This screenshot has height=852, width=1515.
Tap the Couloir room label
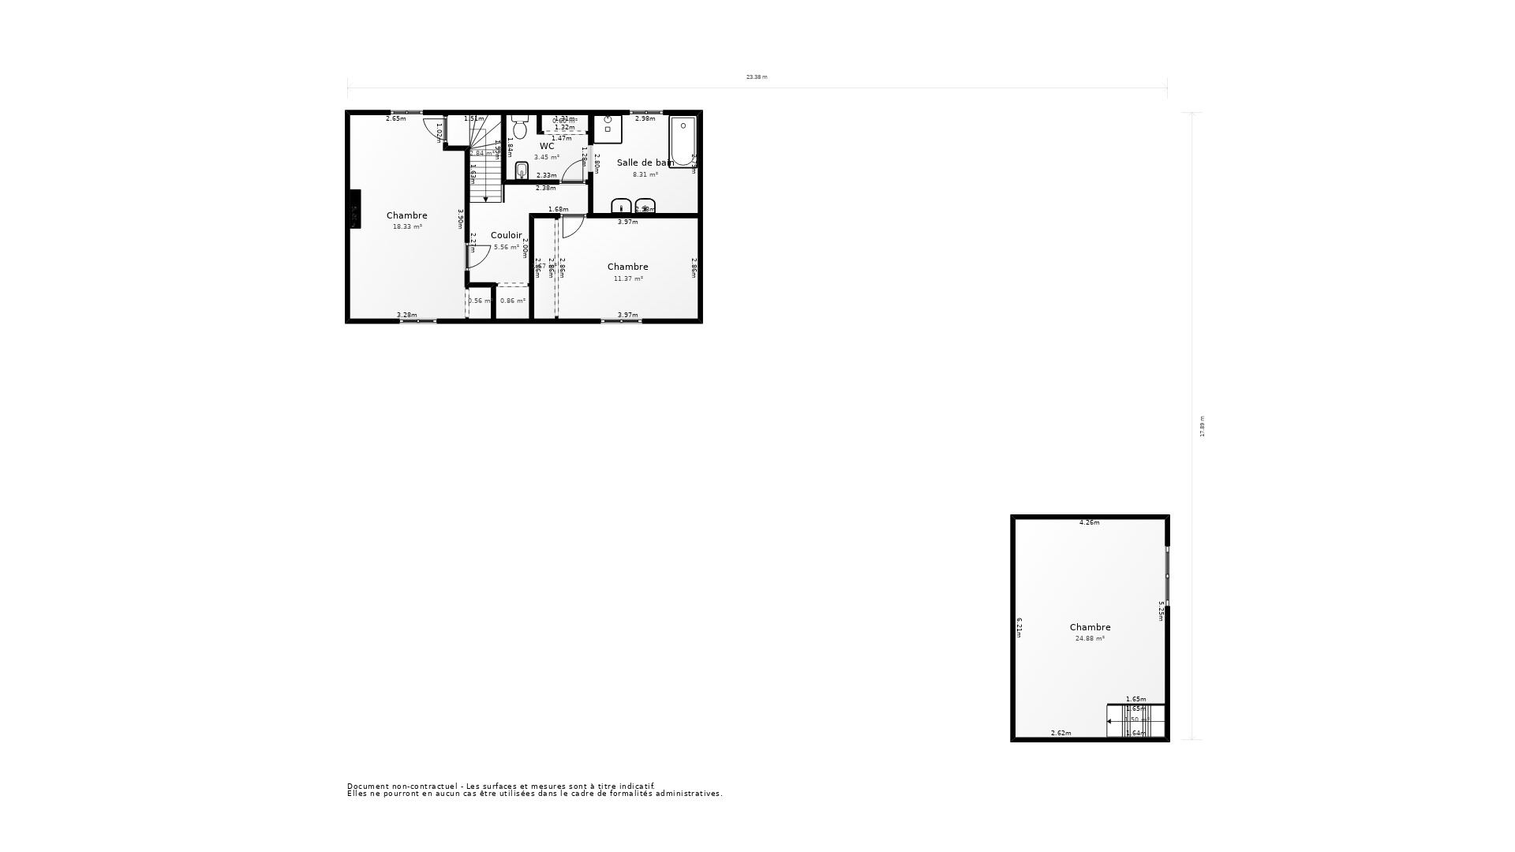click(x=507, y=235)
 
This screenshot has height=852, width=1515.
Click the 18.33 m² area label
click(x=407, y=227)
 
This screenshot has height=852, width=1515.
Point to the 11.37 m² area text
click(x=628, y=278)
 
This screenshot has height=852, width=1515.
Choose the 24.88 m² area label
click(x=1090, y=639)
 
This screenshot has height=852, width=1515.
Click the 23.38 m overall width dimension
click(x=757, y=77)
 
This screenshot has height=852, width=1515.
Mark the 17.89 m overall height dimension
click(x=1203, y=426)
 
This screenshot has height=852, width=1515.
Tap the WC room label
click(x=547, y=146)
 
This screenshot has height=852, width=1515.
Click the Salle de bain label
click(x=645, y=163)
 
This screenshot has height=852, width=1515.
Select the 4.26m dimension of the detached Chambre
click(x=1089, y=522)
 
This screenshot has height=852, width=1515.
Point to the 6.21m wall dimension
click(x=1019, y=627)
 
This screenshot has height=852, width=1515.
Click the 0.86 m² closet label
click(x=513, y=301)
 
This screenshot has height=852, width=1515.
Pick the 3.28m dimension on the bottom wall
click(x=406, y=315)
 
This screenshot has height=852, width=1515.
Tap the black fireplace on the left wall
click(x=355, y=209)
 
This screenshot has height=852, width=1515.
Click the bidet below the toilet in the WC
click(x=521, y=171)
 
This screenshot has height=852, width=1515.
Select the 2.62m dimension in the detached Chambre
click(x=1060, y=733)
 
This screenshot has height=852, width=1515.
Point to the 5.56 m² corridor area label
click(x=507, y=247)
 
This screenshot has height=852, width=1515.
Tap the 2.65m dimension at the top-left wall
click(x=395, y=118)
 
